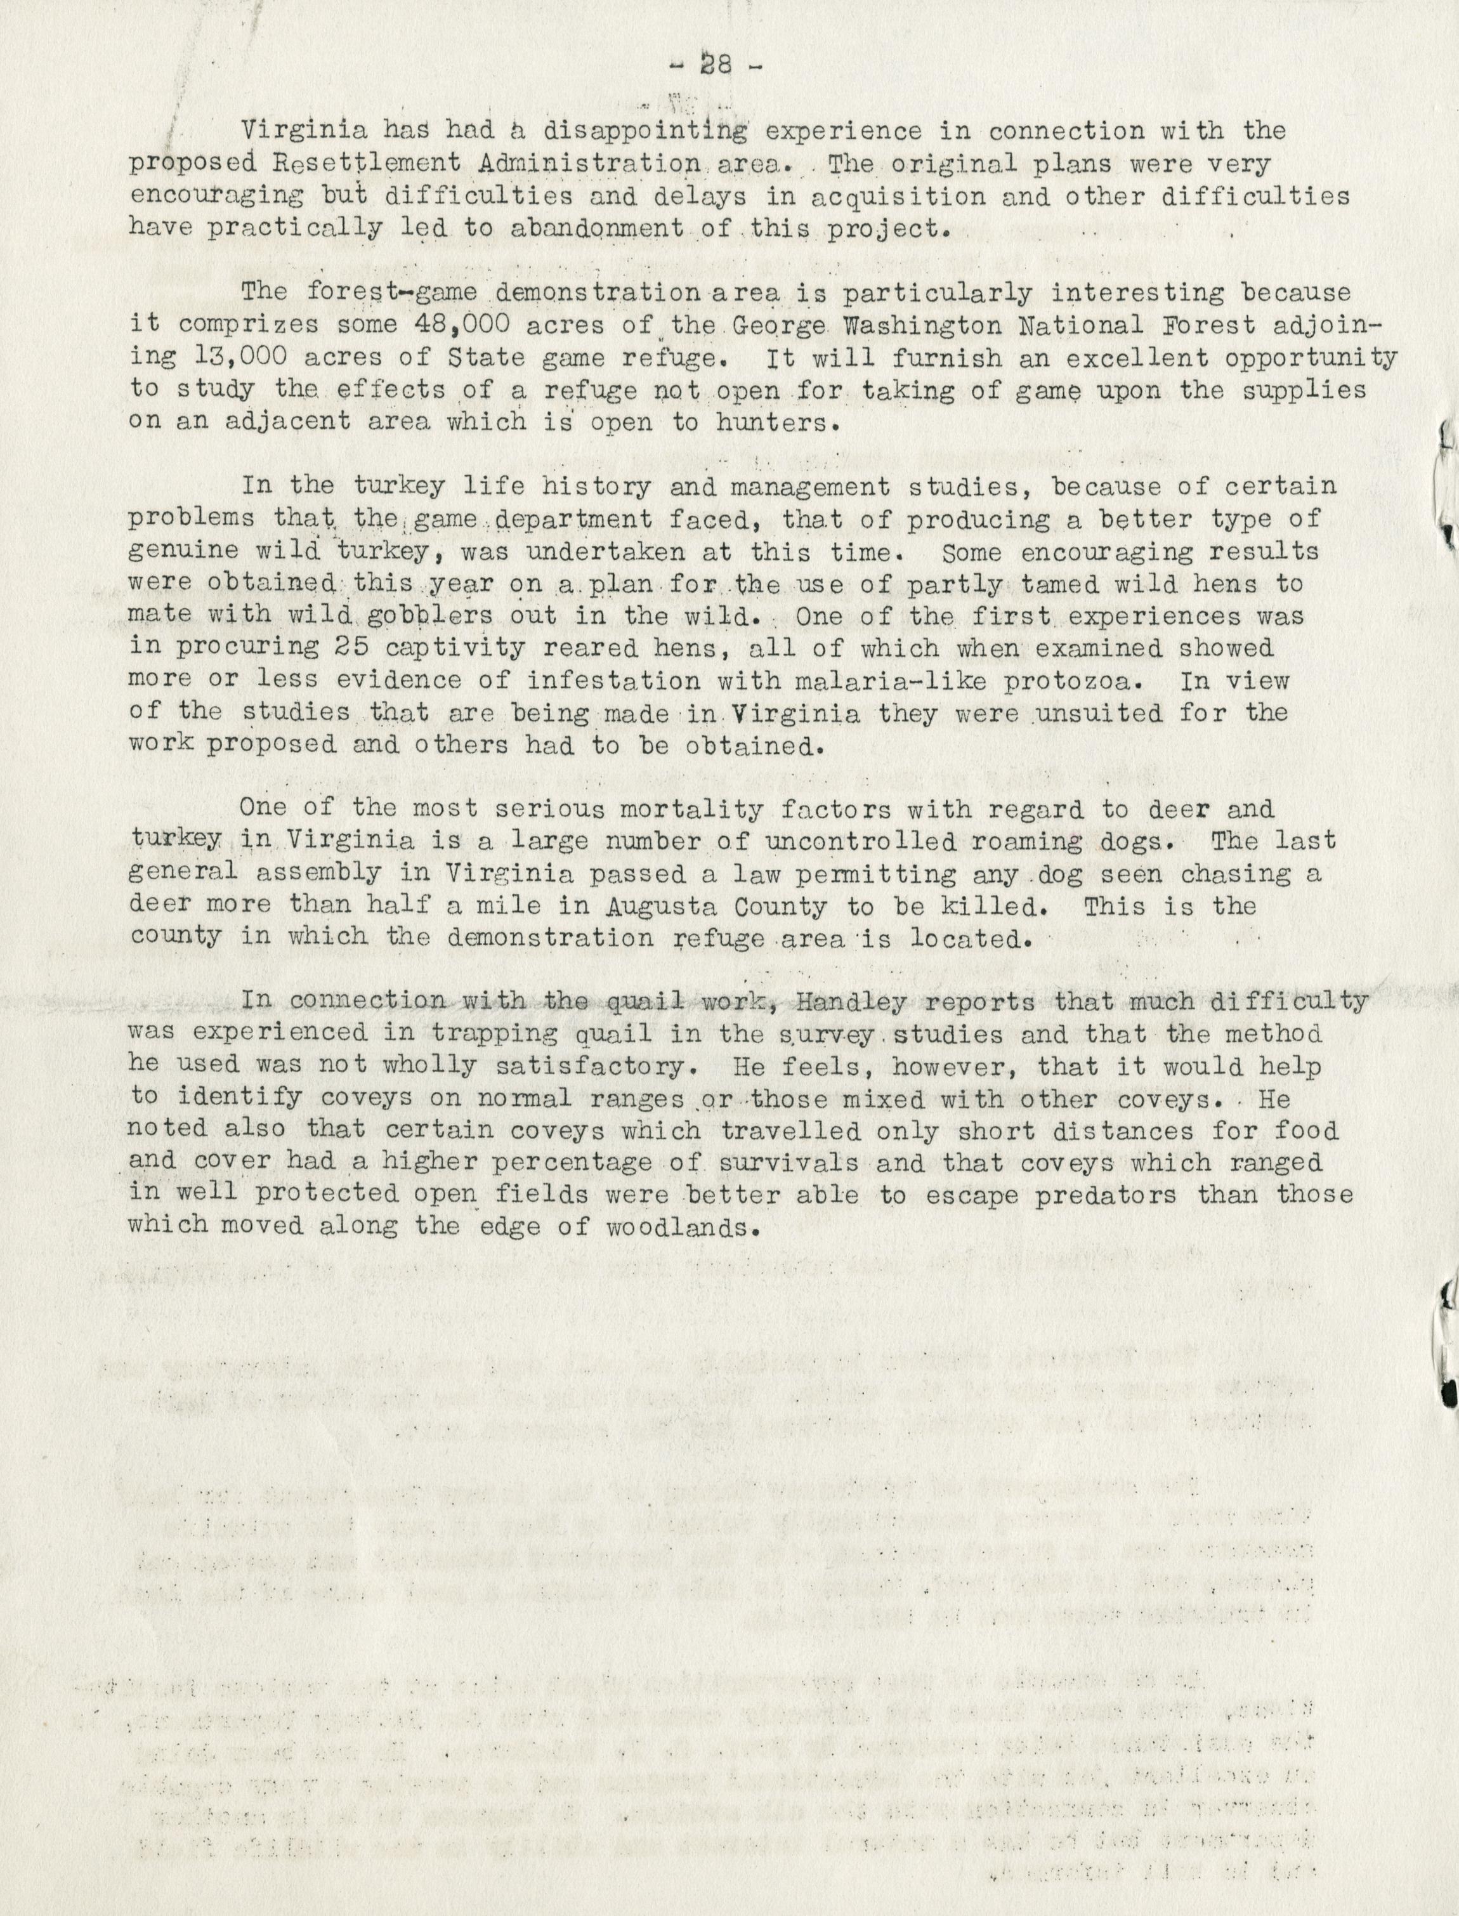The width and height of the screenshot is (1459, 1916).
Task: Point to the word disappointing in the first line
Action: (x=643, y=131)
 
